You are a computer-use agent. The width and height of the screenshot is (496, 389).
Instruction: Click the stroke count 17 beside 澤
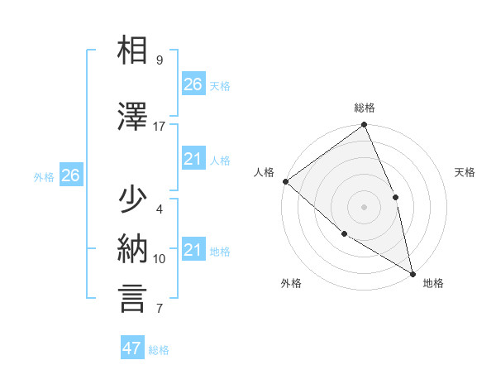160,126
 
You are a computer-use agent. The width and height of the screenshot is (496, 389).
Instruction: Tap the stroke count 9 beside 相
159,60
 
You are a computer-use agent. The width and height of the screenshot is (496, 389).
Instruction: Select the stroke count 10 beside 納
160,259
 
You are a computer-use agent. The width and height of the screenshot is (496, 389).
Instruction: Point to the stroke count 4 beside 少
159,209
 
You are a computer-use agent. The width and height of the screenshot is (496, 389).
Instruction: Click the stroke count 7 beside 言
159,309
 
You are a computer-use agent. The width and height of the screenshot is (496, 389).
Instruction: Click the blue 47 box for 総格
132,348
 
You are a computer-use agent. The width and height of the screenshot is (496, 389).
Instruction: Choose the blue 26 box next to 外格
70,175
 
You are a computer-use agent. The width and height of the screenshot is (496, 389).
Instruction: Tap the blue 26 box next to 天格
193,84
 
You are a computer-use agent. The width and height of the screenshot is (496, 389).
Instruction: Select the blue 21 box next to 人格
193,160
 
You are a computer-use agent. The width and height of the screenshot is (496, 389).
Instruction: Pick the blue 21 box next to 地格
193,250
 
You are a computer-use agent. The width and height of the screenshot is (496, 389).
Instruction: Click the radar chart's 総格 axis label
365,108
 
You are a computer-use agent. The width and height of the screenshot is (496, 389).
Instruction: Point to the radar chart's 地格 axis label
433,283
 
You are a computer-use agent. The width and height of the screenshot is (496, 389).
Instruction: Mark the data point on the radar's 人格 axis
285,181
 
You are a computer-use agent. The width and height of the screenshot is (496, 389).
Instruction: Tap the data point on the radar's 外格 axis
344,234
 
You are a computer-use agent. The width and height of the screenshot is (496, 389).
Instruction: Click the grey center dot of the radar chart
364,206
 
